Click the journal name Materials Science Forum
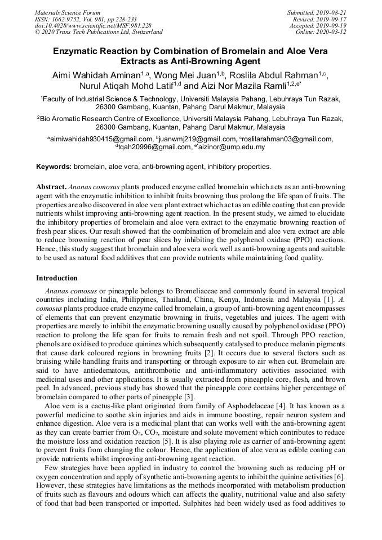68,12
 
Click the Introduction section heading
57,278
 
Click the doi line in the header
93,26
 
